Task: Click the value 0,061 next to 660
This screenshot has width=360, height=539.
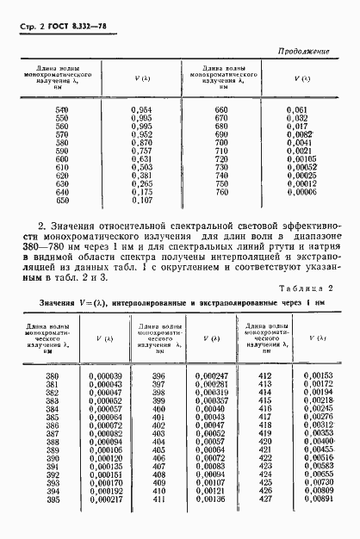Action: [x=295, y=110]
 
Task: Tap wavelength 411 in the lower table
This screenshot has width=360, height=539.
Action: [x=158, y=499]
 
